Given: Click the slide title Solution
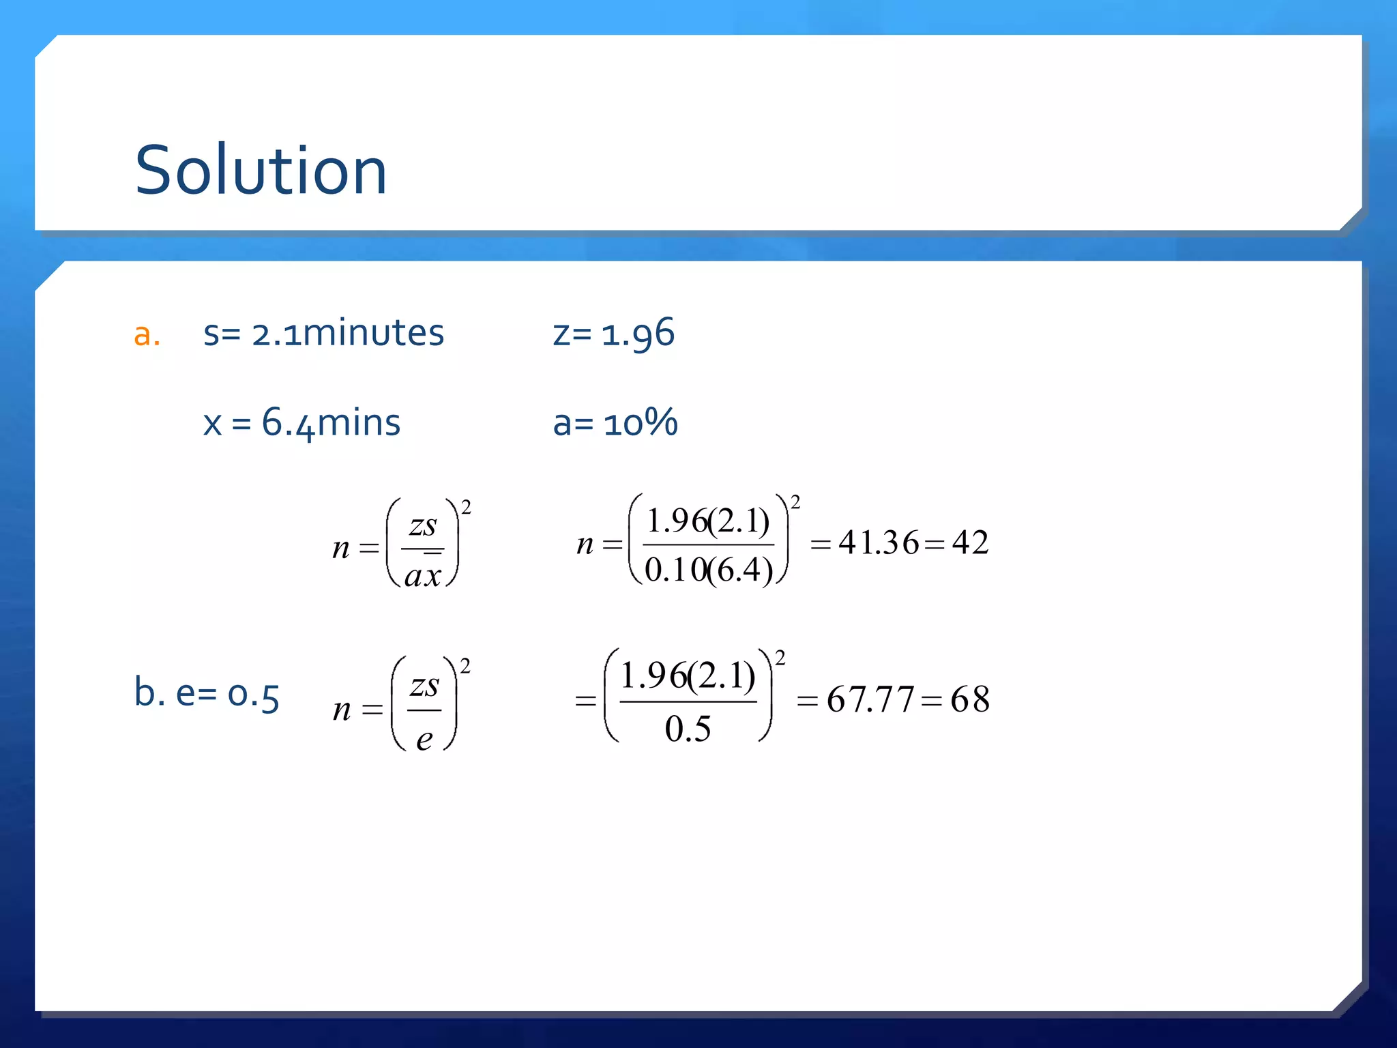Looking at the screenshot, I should click(261, 171).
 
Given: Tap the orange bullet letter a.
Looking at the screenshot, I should click(147, 335).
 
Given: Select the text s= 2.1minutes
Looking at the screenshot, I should click(323, 334).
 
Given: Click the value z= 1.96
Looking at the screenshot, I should click(613, 334).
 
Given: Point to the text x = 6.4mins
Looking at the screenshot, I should click(302, 422).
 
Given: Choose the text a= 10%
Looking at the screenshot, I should click(615, 422).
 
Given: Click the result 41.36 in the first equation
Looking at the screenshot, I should click(879, 543).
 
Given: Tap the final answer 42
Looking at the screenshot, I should click(970, 543).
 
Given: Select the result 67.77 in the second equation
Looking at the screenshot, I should click(870, 699).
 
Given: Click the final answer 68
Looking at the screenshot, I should click(970, 699).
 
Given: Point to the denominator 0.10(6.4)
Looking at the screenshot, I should click(709, 570).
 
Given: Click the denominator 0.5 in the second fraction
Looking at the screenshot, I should click(688, 729).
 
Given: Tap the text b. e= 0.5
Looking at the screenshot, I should click(207, 694).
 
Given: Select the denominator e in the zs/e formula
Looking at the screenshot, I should click(424, 739).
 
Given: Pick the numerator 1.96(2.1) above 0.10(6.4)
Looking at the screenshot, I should click(708, 521).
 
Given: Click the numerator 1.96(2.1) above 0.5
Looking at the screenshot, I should click(688, 676).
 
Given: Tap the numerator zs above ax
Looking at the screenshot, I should click(423, 526).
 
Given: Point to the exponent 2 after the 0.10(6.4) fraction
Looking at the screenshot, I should click(795, 503).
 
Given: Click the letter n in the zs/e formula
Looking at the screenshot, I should click(342, 710).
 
